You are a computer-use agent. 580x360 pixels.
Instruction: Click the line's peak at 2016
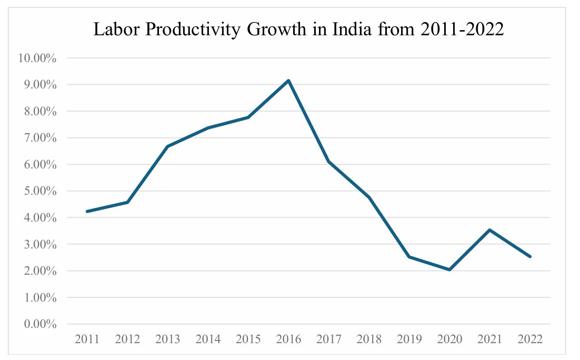click(288, 81)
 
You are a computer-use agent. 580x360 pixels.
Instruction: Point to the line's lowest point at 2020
click(449, 269)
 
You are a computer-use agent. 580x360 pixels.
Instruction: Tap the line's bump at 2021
click(489, 230)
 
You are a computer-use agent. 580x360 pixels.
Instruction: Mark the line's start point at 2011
click(87, 211)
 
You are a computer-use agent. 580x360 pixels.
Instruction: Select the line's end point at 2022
click(530, 256)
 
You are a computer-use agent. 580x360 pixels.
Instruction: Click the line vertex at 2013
click(167, 146)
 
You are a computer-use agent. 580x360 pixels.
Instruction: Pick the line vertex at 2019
click(409, 257)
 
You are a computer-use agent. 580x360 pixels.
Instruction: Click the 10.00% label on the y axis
click(37, 58)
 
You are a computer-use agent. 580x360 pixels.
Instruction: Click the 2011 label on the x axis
click(87, 339)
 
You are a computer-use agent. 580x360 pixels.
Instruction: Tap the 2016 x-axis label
click(288, 339)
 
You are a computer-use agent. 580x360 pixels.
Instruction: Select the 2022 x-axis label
click(530, 339)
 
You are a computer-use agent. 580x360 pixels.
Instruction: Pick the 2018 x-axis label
click(369, 339)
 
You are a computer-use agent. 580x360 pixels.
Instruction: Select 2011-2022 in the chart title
click(463, 30)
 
